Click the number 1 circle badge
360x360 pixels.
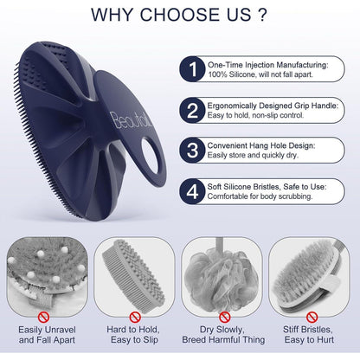pos(192,69)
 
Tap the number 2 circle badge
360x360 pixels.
pos(192,111)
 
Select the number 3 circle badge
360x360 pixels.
pos(192,151)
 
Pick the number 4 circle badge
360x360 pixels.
pos(192,191)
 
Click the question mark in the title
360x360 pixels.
pos(262,15)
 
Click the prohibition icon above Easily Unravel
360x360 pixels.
pos(43,318)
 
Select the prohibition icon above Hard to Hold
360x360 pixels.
pos(135,318)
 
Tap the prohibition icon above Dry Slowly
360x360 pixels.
pos(224,318)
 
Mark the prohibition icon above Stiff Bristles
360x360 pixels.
pos(312,318)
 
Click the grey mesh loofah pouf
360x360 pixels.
pos(222,279)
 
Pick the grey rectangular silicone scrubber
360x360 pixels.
pos(133,276)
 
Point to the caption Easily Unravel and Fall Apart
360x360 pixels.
pos(47,335)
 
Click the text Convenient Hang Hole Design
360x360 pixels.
pos(261,145)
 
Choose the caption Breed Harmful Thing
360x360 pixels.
pos(223,339)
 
